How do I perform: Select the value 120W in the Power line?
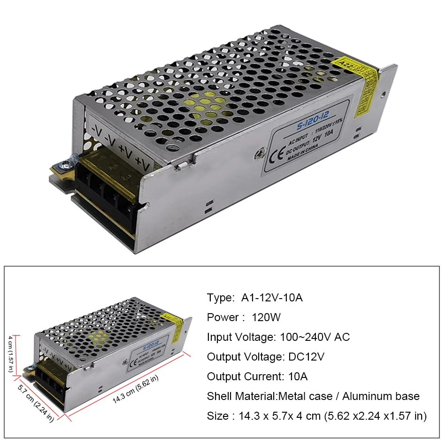(266, 317)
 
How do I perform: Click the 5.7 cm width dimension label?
(36, 403)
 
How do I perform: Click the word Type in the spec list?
(220, 298)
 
